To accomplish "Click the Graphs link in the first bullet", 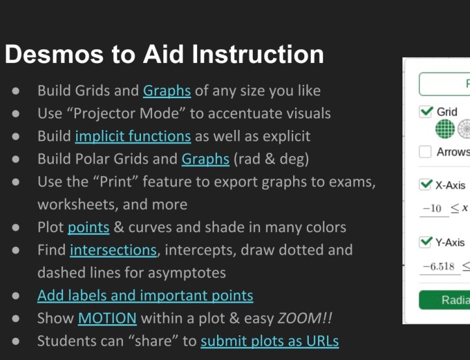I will pyautogui.click(x=166, y=90).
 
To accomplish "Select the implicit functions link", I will pyautogui.click(x=133, y=136).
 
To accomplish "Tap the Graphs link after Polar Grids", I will pyautogui.click(x=205, y=159).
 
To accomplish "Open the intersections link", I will pyautogui.click(x=113, y=250).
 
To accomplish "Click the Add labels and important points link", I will pyautogui.click(x=145, y=295).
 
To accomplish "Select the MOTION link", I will pyautogui.click(x=107, y=318).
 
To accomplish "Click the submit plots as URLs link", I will pyautogui.click(x=269, y=341).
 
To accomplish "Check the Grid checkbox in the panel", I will pyautogui.click(x=426, y=112).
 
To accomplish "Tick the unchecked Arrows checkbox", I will pyautogui.click(x=426, y=152).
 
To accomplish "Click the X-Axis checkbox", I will pyautogui.click(x=426, y=185).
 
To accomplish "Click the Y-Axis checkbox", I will pyautogui.click(x=426, y=242).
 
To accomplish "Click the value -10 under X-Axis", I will pyautogui.click(x=432, y=209).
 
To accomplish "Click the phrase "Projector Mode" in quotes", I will pyautogui.click(x=121, y=113).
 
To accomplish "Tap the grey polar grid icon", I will pyautogui.click(x=464, y=129).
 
